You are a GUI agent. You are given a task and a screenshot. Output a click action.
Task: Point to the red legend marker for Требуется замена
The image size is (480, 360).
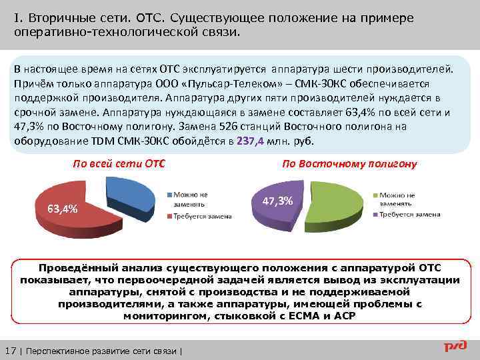[x=170, y=216]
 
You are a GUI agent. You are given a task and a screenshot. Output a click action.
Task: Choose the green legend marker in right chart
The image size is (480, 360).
[x=376, y=193]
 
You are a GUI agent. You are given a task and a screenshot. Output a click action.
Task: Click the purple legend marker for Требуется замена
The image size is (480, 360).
[x=376, y=215]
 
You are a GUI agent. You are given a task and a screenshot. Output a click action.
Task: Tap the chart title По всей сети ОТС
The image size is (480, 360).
[x=119, y=163]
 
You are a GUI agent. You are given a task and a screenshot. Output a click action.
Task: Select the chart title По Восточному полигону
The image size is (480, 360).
[x=349, y=164]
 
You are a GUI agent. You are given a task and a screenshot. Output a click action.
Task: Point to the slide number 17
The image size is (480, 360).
[x=11, y=351]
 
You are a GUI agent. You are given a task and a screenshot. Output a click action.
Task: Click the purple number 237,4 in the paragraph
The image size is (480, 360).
[x=250, y=141]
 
